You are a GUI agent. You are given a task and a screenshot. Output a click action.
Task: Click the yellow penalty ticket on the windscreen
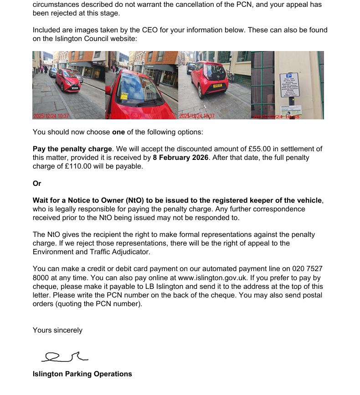tap(124, 96)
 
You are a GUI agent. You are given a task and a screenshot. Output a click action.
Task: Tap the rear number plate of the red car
tap(217, 85)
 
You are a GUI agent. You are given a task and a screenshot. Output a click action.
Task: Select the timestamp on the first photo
tap(51, 116)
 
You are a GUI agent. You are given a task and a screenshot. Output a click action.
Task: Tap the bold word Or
tap(37, 183)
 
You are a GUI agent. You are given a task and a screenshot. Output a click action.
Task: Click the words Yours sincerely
tap(57, 330)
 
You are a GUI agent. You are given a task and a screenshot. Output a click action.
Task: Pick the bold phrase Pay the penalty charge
tap(72, 149)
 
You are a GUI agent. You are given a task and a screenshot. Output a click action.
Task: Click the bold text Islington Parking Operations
tap(82, 374)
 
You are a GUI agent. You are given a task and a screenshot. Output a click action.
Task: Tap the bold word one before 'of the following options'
tap(118, 132)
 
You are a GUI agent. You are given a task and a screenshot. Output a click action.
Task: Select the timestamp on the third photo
tap(197, 116)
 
